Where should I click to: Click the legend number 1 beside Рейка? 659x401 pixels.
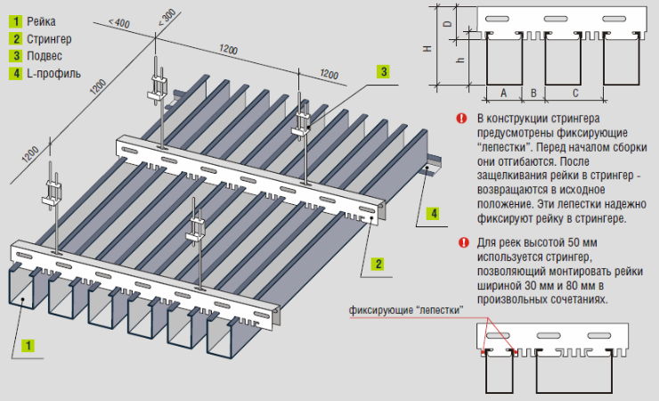coord(15,20)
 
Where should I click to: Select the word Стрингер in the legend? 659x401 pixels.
coord(49,37)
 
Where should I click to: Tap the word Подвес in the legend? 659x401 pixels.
coord(45,55)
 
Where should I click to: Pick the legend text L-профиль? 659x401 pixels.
coord(53,73)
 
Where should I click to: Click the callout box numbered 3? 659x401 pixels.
coord(382,70)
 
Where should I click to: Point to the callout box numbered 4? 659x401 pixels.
coord(432,213)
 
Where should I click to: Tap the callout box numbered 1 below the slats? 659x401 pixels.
coord(28,344)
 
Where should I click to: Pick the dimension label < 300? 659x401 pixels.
coord(167,20)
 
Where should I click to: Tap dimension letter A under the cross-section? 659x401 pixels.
coord(504,92)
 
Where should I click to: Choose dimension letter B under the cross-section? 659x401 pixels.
coord(533,92)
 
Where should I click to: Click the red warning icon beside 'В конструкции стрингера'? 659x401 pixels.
coord(460,118)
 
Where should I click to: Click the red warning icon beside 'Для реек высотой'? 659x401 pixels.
coord(460,241)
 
